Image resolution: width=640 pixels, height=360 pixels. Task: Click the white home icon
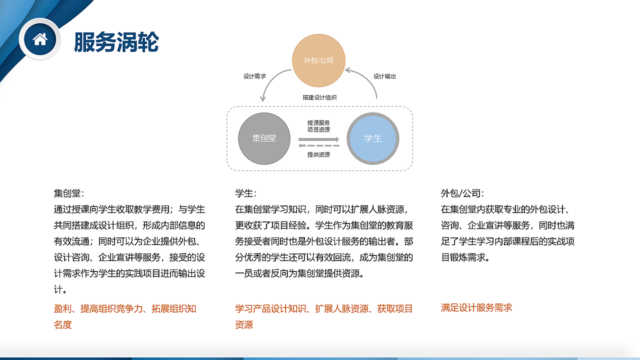[x=39, y=39]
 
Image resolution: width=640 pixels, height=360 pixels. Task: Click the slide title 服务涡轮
[x=116, y=42]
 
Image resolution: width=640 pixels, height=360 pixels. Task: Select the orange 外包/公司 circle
[x=318, y=60]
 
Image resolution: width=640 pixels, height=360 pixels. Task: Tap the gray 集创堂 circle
[x=264, y=138]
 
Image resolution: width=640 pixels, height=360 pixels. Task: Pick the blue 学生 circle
[x=373, y=138]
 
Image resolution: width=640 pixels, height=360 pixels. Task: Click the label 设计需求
[x=254, y=76]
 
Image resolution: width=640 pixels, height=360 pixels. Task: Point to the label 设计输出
[x=384, y=76]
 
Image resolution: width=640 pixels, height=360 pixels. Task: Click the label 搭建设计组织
[x=319, y=98]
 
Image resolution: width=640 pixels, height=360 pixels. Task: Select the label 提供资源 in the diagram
[x=318, y=155]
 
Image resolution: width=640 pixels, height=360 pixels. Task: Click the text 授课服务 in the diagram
[x=318, y=123]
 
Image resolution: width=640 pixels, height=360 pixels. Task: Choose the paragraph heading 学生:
[x=245, y=193]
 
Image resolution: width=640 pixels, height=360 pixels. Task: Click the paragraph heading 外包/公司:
[x=462, y=193]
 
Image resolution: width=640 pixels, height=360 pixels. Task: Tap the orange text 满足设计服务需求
[x=476, y=307]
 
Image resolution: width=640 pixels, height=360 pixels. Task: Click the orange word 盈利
[x=62, y=308]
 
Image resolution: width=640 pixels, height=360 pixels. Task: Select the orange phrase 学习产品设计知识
[x=270, y=308]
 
